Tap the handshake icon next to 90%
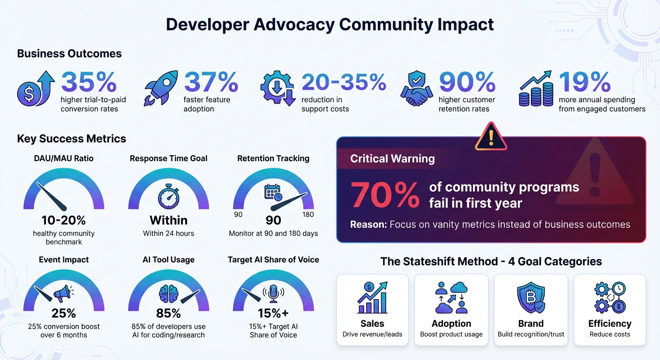[x=416, y=90]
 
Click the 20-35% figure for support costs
[x=344, y=82]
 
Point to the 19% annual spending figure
[x=585, y=82]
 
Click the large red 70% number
[x=385, y=195]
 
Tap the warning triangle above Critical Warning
[x=491, y=136]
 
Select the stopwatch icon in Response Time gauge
[x=169, y=196]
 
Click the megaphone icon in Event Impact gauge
[x=63, y=293]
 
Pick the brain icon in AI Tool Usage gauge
[x=168, y=294]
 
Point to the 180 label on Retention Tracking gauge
[x=308, y=215]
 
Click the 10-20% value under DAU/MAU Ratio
[x=64, y=220]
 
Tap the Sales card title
[x=372, y=323]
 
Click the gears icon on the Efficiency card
[x=609, y=298]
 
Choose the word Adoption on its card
[x=451, y=323]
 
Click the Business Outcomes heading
[x=69, y=53]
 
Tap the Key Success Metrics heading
[x=72, y=139]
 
